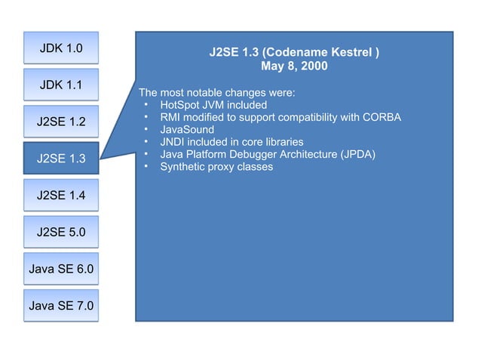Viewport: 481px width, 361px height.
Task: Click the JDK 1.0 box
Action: (61, 48)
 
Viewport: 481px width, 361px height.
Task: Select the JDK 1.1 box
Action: (61, 85)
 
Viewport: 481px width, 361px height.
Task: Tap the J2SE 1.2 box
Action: (61, 121)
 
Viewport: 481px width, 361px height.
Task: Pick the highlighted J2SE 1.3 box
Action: (61, 158)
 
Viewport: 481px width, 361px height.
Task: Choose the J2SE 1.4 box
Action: (61, 196)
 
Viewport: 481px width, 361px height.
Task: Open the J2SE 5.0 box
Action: (61, 232)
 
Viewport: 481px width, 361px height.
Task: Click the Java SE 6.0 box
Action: (61, 268)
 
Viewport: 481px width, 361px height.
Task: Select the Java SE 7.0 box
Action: (61, 305)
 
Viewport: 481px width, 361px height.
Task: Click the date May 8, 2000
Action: (294, 66)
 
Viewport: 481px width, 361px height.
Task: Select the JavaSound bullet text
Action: (187, 130)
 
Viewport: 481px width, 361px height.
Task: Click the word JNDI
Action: (173, 142)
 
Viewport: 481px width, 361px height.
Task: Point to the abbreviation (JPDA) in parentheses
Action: (357, 154)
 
